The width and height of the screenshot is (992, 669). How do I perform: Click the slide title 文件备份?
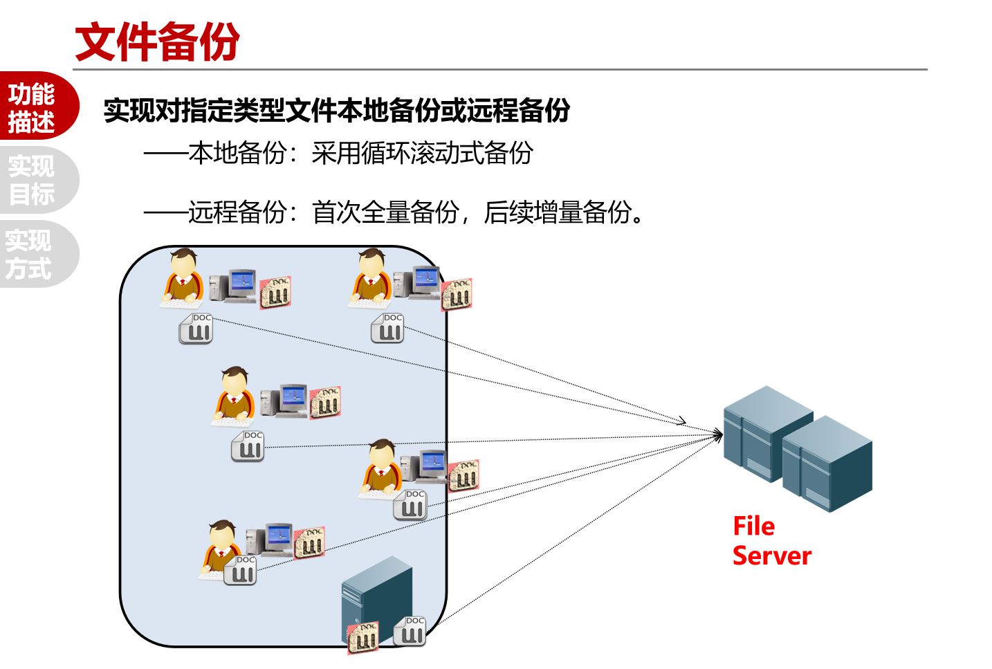(157, 42)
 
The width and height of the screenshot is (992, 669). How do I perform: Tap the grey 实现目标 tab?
(33, 180)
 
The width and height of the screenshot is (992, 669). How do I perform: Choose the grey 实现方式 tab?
(30, 254)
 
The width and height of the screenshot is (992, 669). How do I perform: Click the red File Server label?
(771, 541)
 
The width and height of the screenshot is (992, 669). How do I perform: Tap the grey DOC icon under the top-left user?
(196, 329)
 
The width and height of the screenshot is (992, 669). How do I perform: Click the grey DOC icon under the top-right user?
(387, 328)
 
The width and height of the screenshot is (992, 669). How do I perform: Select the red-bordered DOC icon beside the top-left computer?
(275, 293)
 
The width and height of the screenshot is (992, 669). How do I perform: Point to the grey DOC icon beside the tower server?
(410, 631)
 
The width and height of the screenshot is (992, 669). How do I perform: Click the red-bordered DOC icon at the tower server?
(362, 637)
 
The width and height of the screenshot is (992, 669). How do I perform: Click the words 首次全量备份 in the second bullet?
(385, 212)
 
